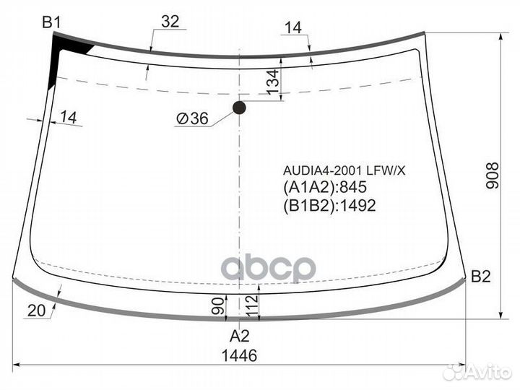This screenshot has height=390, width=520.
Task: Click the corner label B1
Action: pyautogui.click(x=51, y=22)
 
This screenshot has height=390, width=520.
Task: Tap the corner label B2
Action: pyautogui.click(x=481, y=277)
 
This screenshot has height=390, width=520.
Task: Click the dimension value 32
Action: pyautogui.click(x=170, y=22)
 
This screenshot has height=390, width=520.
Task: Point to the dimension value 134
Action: pyautogui.click(x=272, y=82)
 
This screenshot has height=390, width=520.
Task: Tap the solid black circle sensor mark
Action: pyautogui.click(x=238, y=108)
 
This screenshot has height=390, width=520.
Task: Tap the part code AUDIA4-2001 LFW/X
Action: pyautogui.click(x=344, y=170)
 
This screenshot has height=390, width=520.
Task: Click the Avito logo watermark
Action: pyautogui.click(x=479, y=372)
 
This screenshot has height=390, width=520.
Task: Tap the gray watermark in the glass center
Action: pyautogui.click(x=268, y=268)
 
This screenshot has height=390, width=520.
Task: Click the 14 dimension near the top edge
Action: pyautogui.click(x=292, y=28)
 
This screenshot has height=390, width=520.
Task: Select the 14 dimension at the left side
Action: pyautogui.click(x=68, y=116)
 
